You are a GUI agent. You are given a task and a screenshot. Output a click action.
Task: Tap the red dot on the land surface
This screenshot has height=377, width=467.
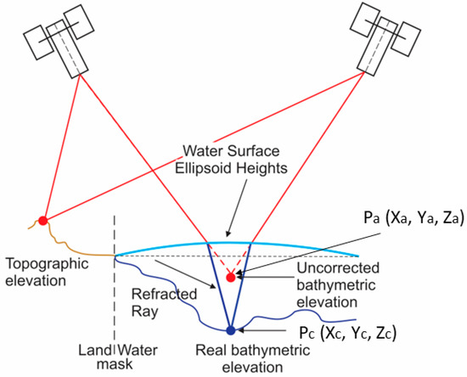[43, 222]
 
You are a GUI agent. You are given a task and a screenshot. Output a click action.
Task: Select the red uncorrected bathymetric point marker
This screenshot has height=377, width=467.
[230, 277]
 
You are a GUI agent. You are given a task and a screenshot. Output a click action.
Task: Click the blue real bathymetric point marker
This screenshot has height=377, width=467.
[230, 330]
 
